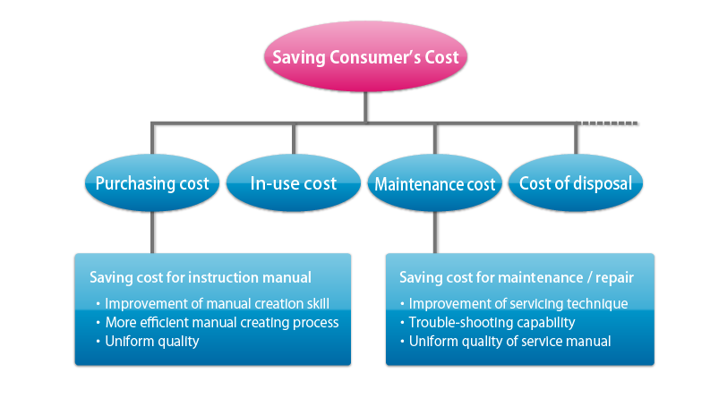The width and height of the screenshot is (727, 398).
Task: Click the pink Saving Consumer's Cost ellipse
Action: tap(365, 56)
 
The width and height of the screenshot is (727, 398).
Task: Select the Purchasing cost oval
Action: tap(152, 183)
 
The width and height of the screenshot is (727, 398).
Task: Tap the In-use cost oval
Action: tap(294, 183)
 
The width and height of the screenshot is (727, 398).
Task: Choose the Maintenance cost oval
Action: tap(435, 183)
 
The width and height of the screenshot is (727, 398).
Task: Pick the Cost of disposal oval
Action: tap(576, 183)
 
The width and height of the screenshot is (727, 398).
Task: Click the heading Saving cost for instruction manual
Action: tap(201, 277)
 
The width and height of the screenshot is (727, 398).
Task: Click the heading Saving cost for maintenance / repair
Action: tap(517, 277)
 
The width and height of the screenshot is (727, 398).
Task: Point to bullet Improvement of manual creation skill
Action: tap(213, 303)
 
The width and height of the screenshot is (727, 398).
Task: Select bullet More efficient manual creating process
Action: tap(218, 323)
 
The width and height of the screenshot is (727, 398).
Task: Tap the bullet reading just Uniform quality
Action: tap(148, 342)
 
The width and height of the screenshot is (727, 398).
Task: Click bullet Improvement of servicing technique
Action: tap(514, 303)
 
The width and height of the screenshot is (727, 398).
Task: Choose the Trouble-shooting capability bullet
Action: tap(487, 323)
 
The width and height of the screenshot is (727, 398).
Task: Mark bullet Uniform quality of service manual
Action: tap(505, 342)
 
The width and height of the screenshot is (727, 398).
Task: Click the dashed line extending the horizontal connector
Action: tap(608, 123)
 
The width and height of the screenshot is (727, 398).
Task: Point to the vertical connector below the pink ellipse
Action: tap(366, 107)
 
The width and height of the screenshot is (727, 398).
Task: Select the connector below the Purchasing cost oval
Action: tap(152, 233)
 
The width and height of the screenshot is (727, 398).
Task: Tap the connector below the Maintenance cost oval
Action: tap(435, 233)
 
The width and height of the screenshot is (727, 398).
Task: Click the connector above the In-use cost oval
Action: tap(294, 139)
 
